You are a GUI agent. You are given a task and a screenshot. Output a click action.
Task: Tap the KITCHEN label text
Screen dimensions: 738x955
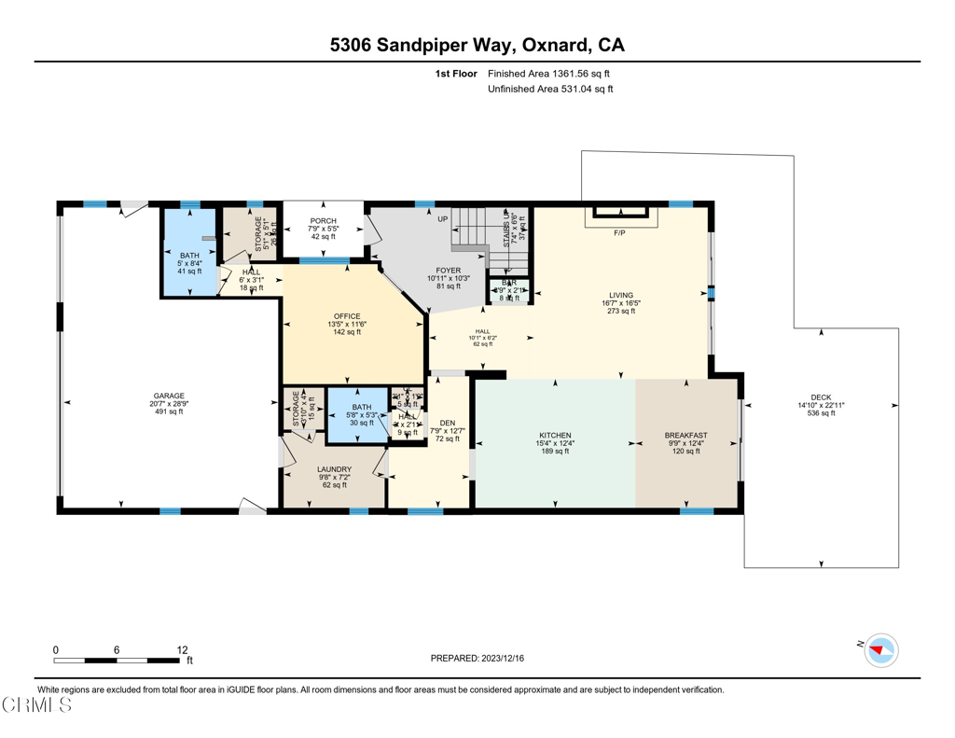555,435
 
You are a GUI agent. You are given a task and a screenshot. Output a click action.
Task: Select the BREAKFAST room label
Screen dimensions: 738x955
685,435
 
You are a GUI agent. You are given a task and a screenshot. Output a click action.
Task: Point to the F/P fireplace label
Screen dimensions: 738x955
619,232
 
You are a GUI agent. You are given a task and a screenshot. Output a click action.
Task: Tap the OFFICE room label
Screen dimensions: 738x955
346,316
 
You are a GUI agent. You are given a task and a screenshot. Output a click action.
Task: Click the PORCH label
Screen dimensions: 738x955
323,221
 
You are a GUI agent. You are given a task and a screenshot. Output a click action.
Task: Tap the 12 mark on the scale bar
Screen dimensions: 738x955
182,649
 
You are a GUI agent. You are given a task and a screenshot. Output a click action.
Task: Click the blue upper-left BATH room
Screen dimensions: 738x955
189,252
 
